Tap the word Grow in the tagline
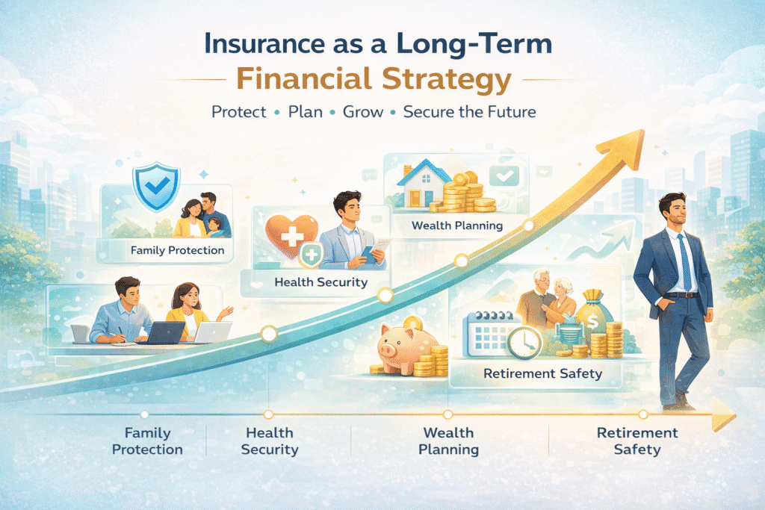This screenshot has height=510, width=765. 362,112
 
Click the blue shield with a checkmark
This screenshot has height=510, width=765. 157,186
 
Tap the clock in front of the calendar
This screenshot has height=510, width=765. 524,342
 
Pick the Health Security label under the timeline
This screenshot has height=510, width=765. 270,441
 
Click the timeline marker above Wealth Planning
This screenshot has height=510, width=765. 448,415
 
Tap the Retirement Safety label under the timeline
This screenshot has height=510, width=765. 637,441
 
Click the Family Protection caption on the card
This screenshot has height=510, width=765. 178,251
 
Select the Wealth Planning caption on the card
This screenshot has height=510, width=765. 457,226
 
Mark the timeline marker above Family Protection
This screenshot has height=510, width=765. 144,415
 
